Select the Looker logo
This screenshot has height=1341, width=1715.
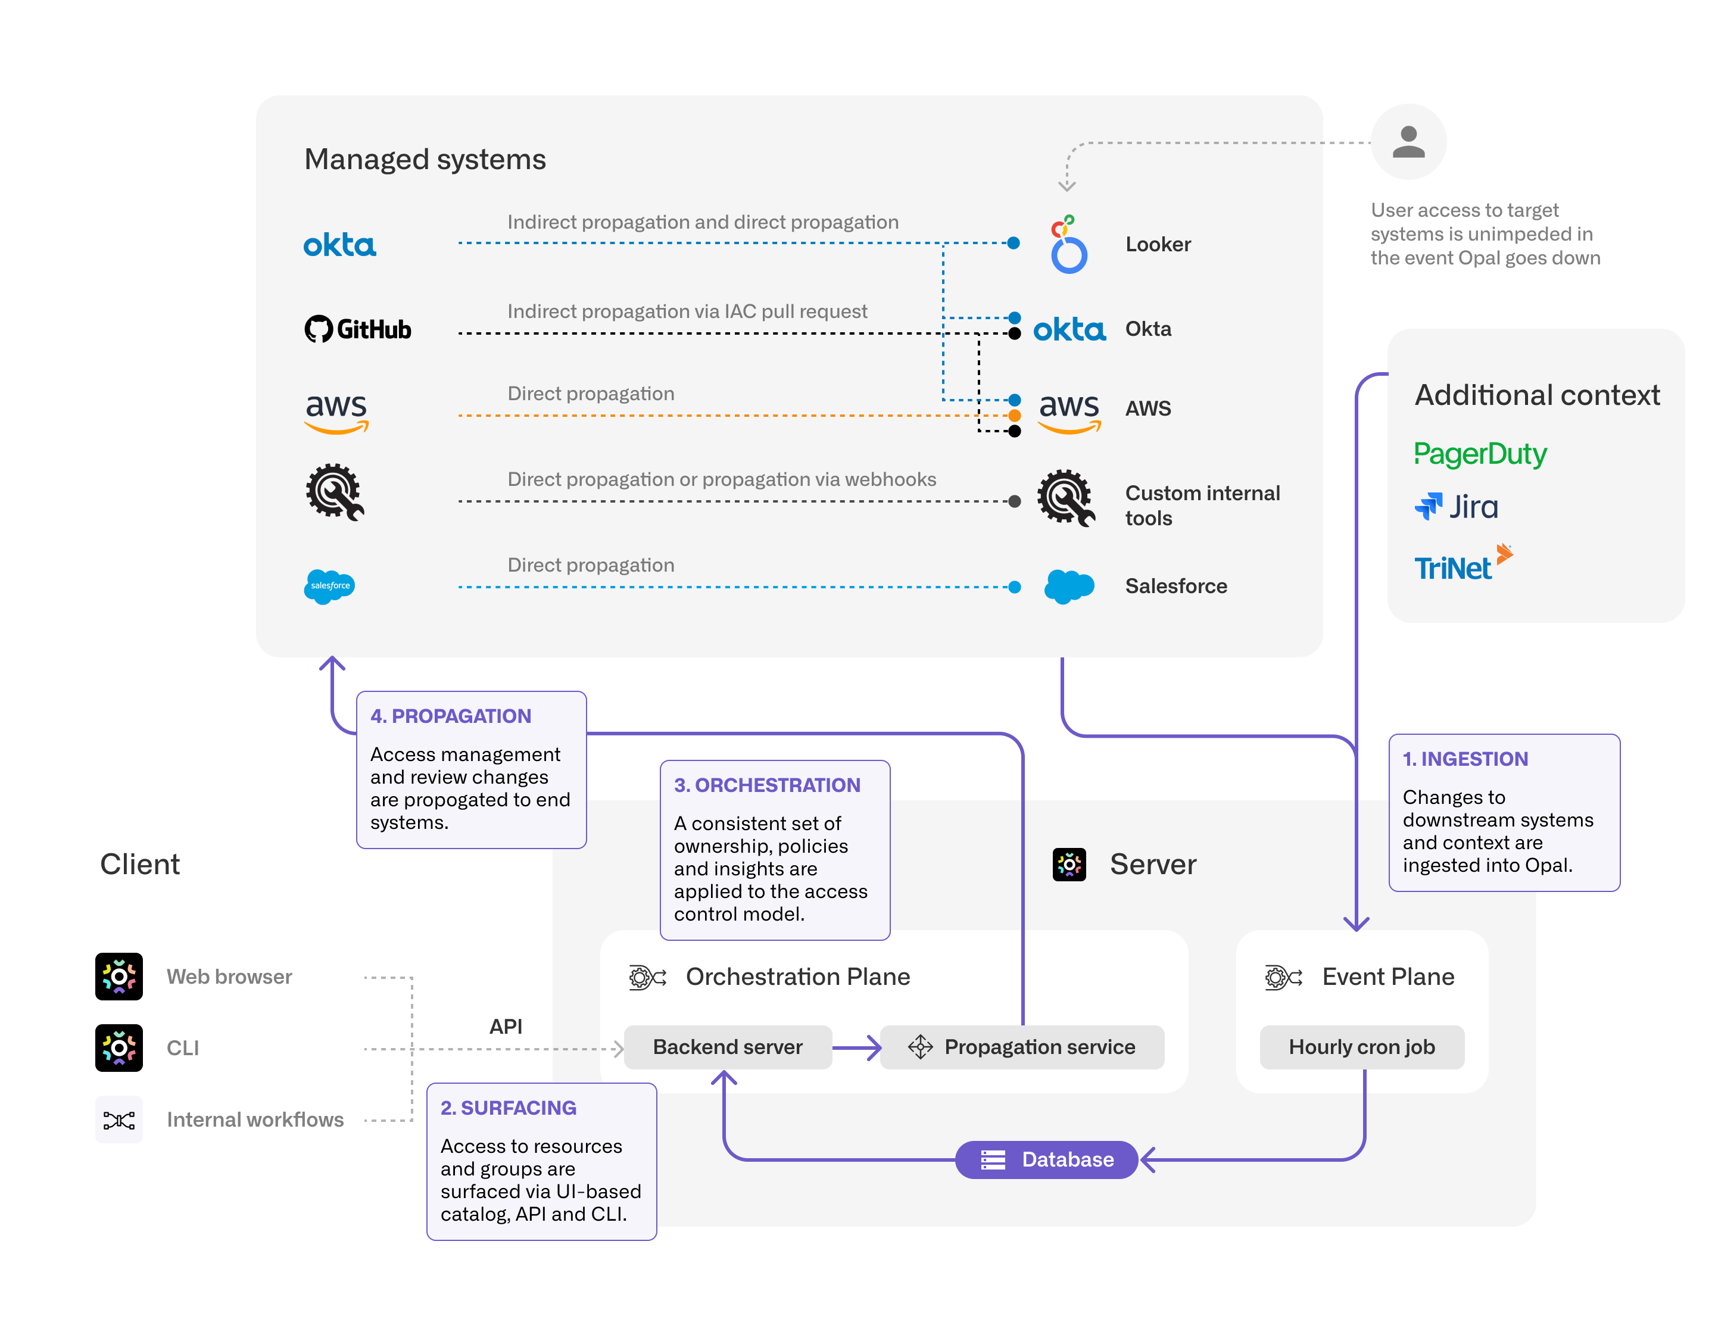1068,244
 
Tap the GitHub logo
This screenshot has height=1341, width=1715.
358,329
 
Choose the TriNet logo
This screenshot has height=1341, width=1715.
1463,562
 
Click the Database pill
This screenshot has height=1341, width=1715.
1047,1159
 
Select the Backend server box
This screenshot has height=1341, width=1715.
728,1047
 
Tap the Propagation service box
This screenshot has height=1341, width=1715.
1022,1047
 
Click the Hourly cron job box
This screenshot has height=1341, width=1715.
1362,1047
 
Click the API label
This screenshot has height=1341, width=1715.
506,1026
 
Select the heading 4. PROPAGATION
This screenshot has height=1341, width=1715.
451,716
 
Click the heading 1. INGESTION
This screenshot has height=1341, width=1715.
1465,759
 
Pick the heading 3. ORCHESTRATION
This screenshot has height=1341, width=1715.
767,785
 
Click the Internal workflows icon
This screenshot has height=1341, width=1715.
119,1119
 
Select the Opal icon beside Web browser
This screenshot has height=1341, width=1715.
119,977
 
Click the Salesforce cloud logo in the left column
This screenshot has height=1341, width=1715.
330,587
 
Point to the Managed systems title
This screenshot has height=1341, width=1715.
425,160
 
